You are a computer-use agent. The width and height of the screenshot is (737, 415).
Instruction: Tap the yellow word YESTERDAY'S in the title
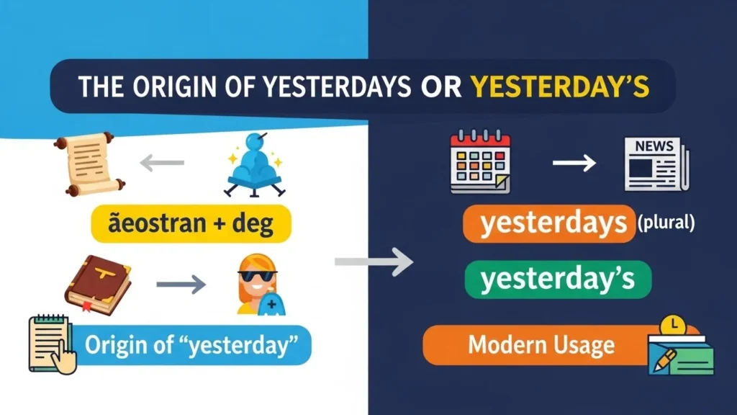[559, 86]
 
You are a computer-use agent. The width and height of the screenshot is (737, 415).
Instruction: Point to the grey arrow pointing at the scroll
[158, 163]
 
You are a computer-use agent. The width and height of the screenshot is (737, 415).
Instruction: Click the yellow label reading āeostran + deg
[191, 225]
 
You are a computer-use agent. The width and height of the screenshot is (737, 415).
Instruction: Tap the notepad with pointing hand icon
[53, 344]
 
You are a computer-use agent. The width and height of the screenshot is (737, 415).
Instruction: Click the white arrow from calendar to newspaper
[574, 163]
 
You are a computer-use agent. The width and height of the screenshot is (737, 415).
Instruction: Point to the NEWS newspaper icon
[655, 163]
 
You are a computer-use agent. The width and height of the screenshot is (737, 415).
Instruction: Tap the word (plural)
[665, 223]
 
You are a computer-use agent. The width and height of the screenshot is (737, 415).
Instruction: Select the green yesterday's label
[557, 279]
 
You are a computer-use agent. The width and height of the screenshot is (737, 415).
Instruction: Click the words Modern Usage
[541, 344]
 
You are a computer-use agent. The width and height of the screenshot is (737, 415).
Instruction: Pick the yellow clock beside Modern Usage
[675, 327]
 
